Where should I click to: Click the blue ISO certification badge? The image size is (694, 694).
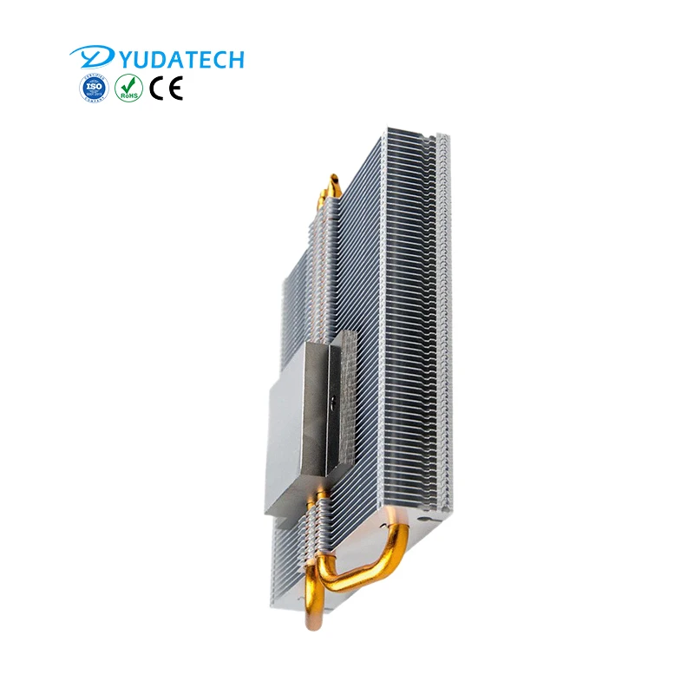point(93,88)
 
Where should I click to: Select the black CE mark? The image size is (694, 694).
point(166,88)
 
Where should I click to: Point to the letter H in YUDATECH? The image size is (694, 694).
point(235,59)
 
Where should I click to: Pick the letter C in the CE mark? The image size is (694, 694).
point(157,88)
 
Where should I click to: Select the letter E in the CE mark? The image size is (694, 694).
point(175,88)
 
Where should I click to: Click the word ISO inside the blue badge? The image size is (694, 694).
point(93,88)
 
